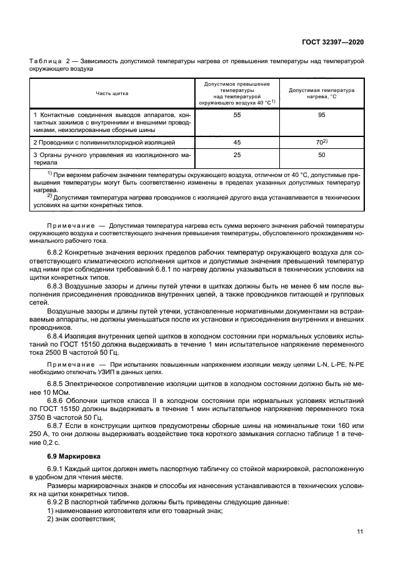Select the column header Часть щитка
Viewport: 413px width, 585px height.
pos(112,93)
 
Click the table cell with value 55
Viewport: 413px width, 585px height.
pos(237,116)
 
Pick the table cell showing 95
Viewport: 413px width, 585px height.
pos(321,116)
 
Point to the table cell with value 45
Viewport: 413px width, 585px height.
pos(237,142)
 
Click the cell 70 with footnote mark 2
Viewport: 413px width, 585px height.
pos(322,142)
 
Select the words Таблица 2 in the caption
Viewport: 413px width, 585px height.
pos(49,61)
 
